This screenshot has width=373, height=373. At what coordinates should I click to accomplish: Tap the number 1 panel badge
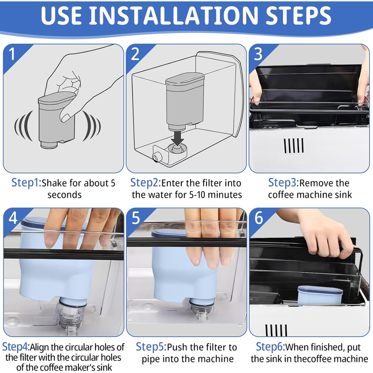click(x=12, y=54)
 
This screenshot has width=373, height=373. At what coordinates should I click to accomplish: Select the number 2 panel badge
click(x=135, y=54)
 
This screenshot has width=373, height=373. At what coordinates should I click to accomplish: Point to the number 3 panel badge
click(x=258, y=54)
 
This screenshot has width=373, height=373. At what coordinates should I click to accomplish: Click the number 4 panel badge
click(x=13, y=218)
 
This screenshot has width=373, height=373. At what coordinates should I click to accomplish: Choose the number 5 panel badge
click(x=136, y=218)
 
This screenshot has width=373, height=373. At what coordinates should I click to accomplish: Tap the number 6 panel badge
click(x=259, y=218)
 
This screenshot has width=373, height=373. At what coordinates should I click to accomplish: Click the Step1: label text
click(x=27, y=183)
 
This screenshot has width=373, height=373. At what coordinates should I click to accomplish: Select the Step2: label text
click(x=145, y=183)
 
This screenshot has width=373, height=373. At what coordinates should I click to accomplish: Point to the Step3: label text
click(x=283, y=183)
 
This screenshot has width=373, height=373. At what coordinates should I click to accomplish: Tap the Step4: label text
click(x=16, y=347)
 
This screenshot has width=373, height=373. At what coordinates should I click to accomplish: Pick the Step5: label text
click(x=151, y=347)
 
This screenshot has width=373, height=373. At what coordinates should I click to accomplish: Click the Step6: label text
click(x=270, y=347)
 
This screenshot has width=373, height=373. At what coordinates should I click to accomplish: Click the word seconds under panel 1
click(x=64, y=195)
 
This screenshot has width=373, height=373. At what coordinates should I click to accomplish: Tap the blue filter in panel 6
click(x=320, y=295)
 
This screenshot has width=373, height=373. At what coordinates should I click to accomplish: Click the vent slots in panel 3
click(x=294, y=145)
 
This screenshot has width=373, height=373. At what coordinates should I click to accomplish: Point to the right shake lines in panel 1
click(x=91, y=125)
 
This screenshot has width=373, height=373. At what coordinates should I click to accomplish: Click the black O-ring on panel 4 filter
click(x=73, y=304)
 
